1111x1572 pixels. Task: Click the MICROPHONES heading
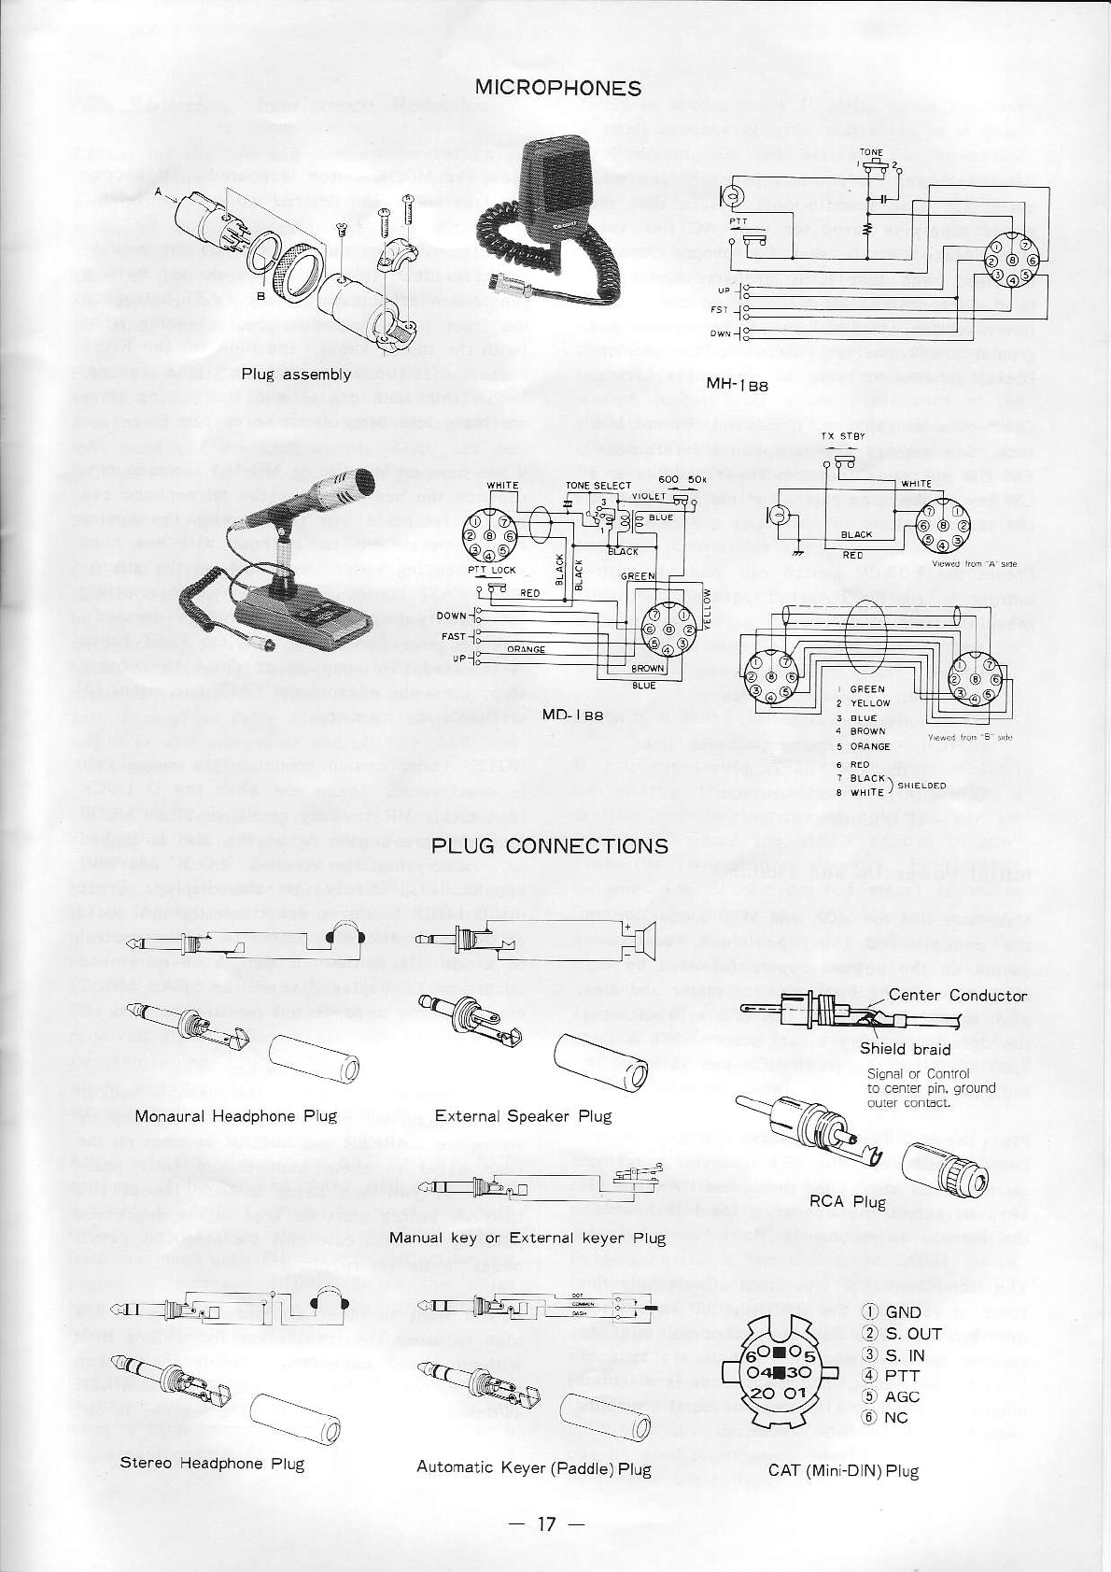pos(557,88)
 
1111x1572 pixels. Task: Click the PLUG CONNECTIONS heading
pos(550,845)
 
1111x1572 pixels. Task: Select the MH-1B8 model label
pos(737,384)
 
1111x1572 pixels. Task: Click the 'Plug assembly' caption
pos(296,375)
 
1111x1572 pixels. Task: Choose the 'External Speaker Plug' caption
pos(523,1116)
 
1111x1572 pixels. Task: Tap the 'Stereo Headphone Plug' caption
pos(212,1463)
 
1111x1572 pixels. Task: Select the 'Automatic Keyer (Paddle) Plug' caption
pos(533,1468)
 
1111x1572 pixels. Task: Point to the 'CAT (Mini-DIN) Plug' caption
pos(843,1471)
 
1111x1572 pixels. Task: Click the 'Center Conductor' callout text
pos(957,995)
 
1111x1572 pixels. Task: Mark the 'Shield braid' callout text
pos(905,1049)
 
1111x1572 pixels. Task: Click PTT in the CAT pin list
pos(903,1375)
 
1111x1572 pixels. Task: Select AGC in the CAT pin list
pos(903,1396)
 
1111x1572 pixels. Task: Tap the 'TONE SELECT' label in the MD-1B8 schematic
pos(598,486)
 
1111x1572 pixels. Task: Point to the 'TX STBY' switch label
pos(843,437)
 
